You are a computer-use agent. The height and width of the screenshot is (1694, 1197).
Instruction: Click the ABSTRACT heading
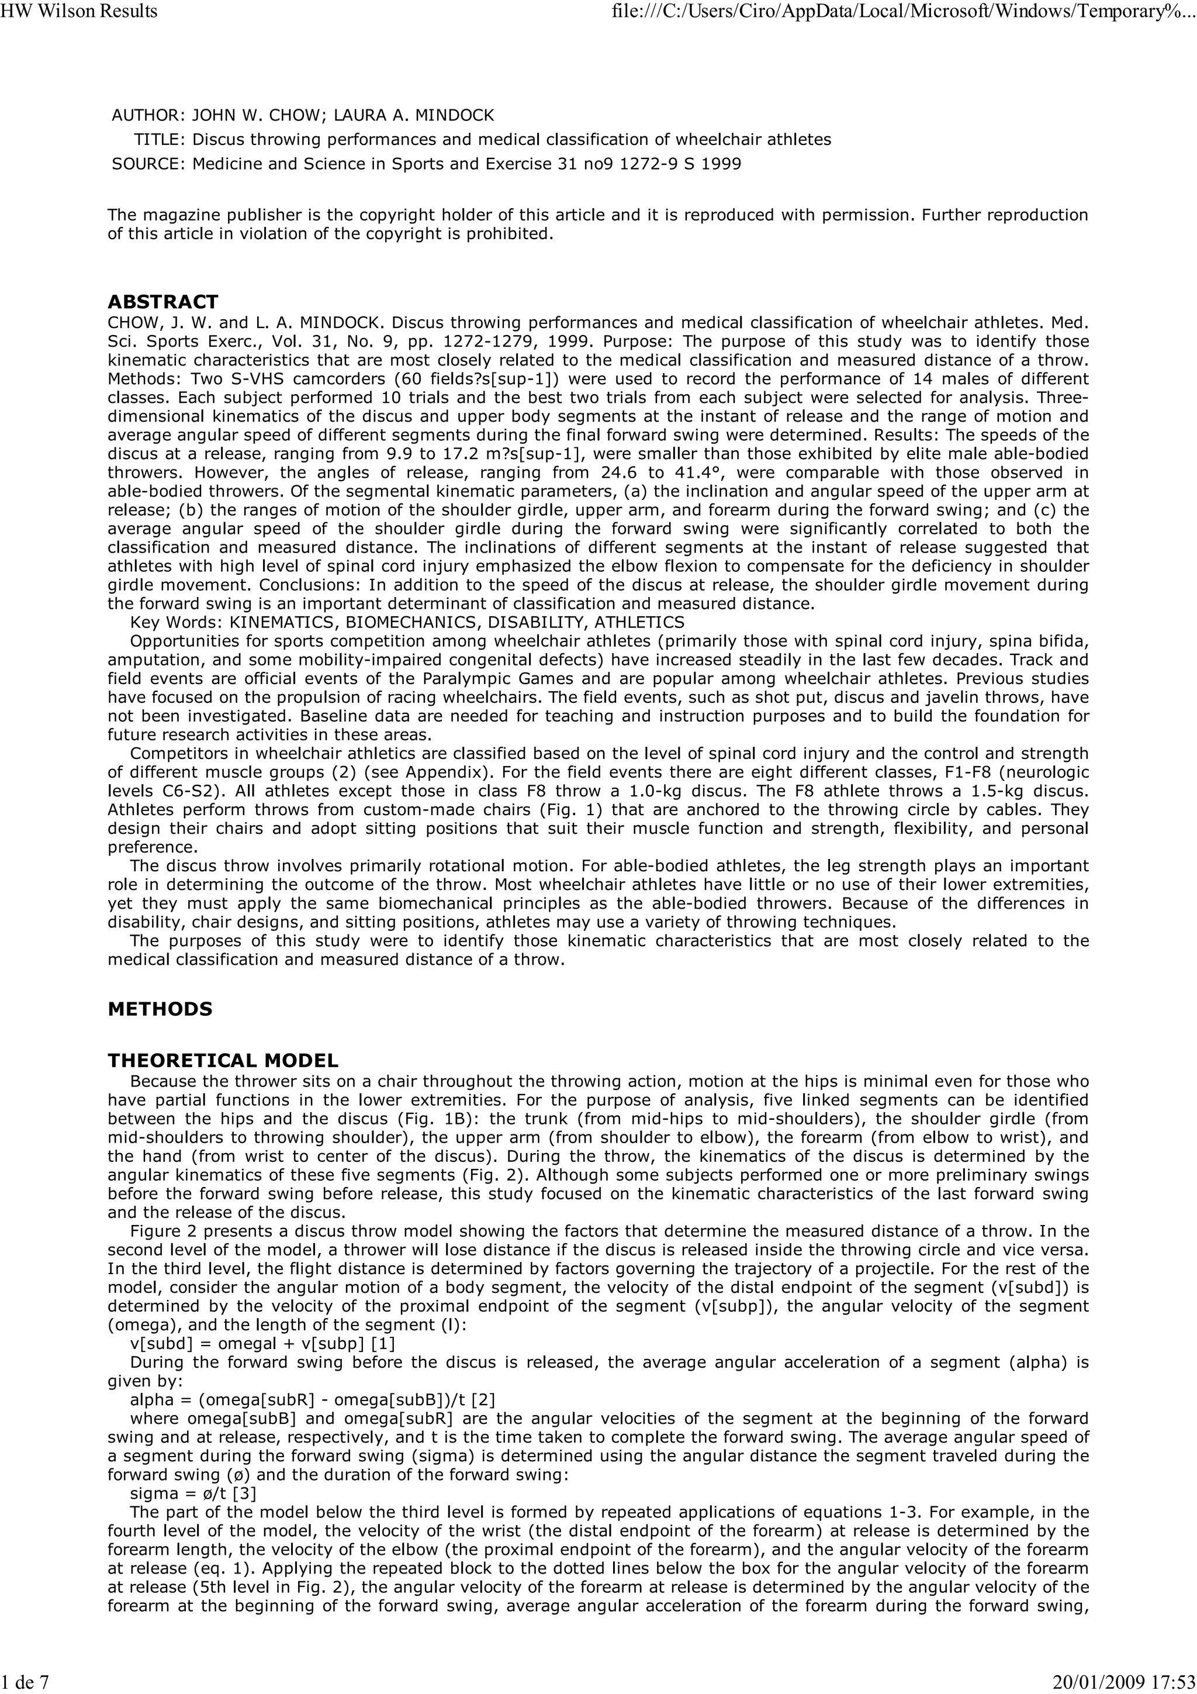[x=163, y=302]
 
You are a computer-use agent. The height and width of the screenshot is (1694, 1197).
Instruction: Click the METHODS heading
[x=160, y=1009]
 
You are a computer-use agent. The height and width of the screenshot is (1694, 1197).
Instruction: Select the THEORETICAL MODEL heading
[x=223, y=1061]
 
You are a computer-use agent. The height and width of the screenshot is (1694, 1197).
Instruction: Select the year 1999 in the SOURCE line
[x=721, y=164]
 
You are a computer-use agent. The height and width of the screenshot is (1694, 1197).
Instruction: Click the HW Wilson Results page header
[x=79, y=11]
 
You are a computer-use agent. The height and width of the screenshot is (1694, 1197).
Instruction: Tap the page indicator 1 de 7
[x=25, y=1682]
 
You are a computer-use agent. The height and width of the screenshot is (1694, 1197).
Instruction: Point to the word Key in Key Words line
[x=144, y=623]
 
